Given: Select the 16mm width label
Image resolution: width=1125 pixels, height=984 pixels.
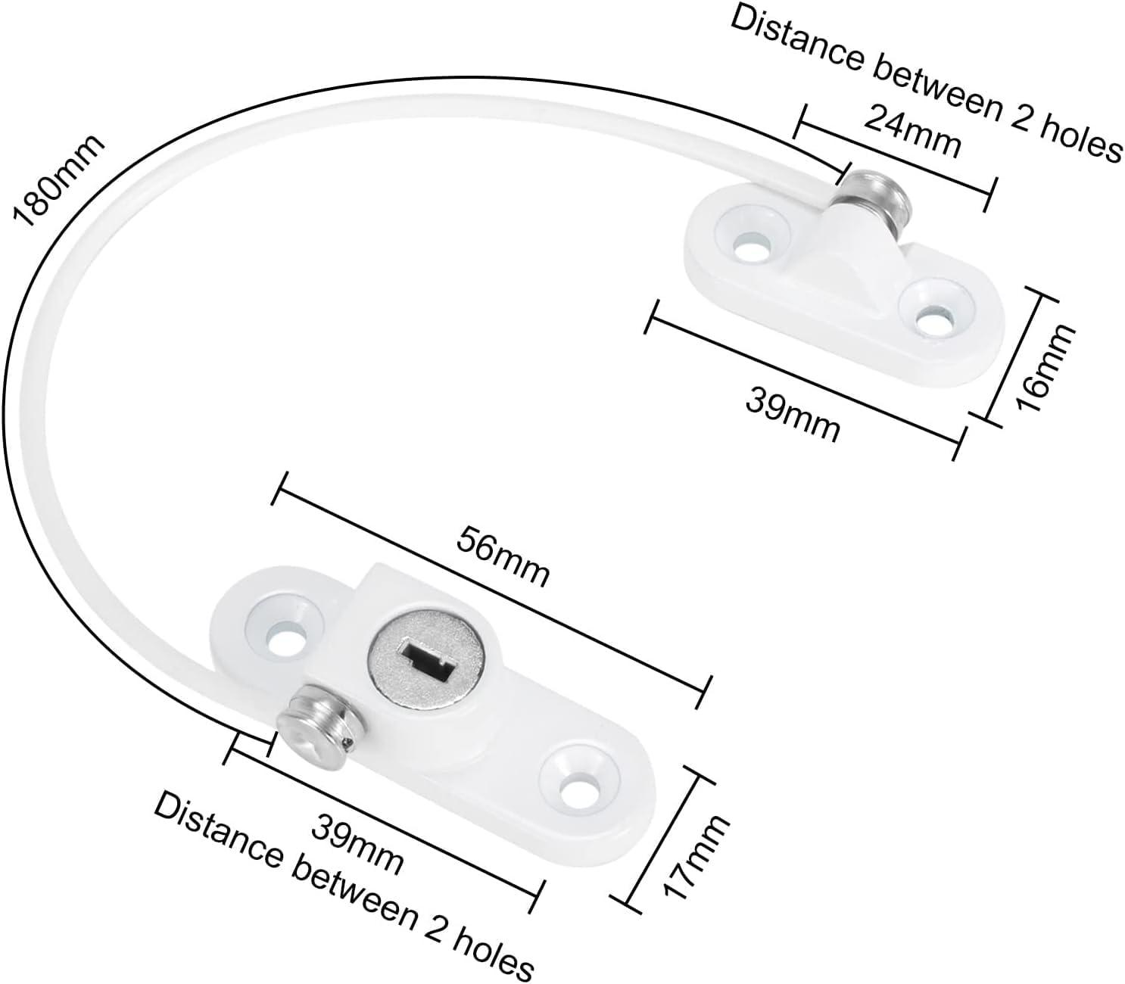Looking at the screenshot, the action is click(x=1044, y=369).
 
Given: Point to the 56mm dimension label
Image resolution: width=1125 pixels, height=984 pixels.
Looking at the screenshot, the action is click(x=503, y=557).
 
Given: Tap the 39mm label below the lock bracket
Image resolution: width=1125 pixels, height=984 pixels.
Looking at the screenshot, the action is click(x=357, y=849).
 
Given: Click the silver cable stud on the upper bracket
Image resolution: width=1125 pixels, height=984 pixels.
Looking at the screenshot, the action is click(x=875, y=196).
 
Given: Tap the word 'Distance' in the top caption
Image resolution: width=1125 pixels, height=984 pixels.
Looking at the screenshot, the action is click(x=797, y=41).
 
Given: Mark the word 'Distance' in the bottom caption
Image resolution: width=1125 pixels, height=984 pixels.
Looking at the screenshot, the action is click(x=218, y=836).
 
